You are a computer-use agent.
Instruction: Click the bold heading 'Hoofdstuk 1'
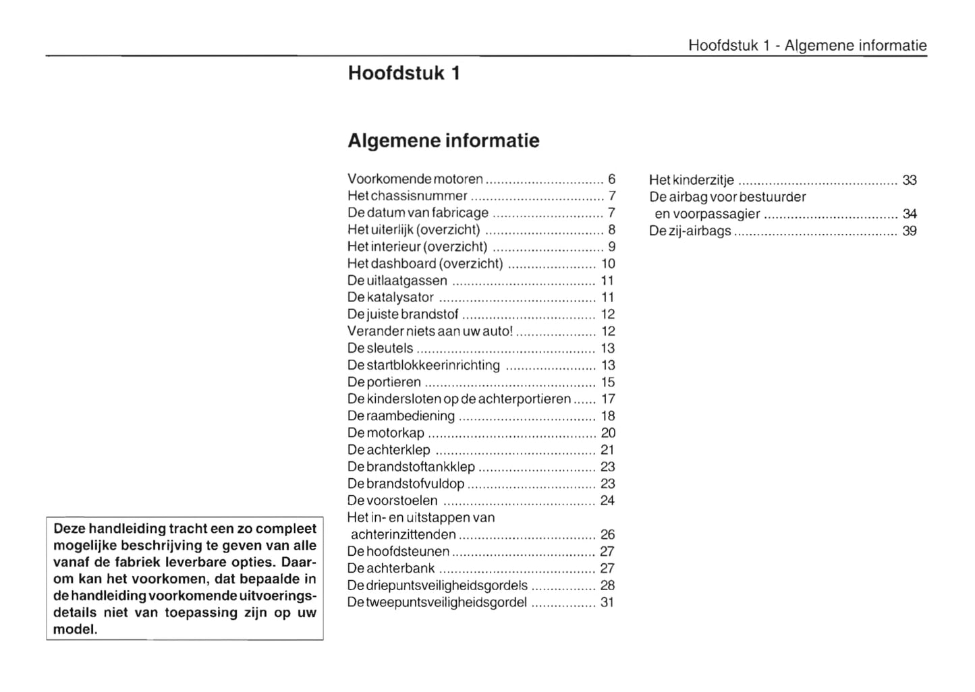click(403, 73)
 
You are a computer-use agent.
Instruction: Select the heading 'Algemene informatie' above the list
click(443, 141)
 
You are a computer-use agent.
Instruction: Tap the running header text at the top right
click(807, 45)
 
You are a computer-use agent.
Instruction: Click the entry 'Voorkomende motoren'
click(415, 179)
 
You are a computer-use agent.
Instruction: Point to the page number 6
click(611, 179)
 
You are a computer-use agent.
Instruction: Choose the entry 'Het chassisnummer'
click(407, 196)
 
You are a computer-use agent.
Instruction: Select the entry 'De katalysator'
click(391, 297)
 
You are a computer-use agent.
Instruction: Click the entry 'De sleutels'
click(380, 349)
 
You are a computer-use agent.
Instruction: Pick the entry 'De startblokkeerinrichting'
click(424, 366)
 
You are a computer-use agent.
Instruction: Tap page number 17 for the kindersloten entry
click(608, 399)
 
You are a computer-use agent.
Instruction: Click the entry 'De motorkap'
click(386, 433)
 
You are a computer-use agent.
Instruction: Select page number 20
click(608, 433)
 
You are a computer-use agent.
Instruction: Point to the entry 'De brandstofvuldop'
click(406, 484)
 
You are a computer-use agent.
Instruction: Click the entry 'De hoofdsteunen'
click(398, 552)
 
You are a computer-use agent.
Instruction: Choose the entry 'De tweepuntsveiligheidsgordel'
click(437, 602)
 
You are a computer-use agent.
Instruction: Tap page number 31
click(607, 602)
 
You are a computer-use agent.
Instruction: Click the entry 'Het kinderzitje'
click(692, 180)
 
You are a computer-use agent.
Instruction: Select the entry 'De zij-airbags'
click(690, 231)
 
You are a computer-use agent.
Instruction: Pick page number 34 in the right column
click(910, 214)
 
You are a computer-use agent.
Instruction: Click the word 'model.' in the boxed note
click(75, 630)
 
